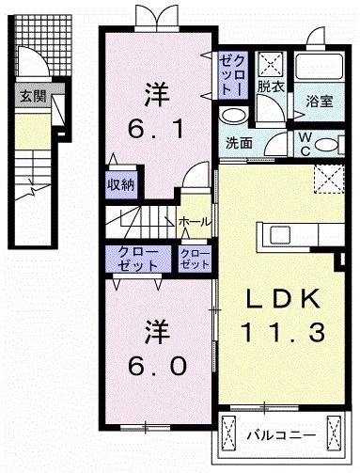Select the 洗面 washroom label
[240, 144]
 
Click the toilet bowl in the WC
[332, 147]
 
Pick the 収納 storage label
[119, 184]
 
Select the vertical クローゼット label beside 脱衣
[232, 71]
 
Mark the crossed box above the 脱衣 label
[272, 63]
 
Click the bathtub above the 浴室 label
[321, 69]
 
